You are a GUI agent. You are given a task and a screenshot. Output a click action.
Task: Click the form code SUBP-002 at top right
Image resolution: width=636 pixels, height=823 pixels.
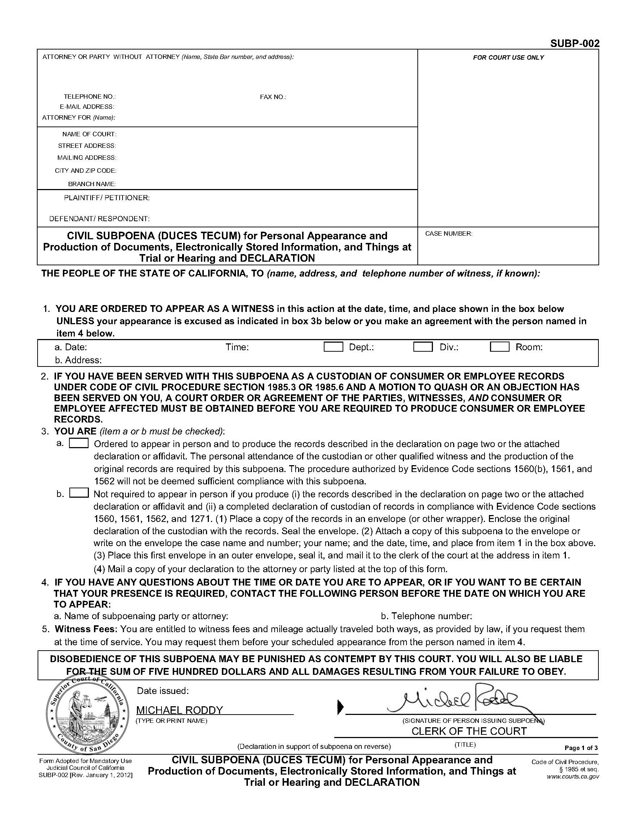574,43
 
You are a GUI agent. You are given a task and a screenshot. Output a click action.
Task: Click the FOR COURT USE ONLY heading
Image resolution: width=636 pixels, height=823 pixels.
508,57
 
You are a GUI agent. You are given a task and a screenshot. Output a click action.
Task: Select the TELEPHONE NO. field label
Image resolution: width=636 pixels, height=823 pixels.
90,97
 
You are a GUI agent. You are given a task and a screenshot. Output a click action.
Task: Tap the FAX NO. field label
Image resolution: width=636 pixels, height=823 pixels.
273,97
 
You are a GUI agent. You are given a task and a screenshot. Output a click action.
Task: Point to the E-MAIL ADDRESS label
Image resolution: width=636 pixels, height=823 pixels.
87,107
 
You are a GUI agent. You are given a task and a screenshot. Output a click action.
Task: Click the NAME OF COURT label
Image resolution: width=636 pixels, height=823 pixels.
89,134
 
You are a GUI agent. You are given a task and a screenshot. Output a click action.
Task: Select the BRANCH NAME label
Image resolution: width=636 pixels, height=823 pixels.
91,184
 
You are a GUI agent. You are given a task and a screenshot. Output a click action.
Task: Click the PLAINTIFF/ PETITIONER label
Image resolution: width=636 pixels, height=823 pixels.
107,198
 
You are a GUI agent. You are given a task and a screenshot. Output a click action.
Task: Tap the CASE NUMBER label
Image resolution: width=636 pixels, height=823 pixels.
448,233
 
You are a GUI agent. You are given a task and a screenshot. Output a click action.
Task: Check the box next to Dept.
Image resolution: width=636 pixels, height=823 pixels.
333,347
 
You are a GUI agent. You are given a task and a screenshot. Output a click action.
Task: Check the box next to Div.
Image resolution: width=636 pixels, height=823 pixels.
423,347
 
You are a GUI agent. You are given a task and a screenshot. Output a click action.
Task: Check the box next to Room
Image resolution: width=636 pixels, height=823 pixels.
500,347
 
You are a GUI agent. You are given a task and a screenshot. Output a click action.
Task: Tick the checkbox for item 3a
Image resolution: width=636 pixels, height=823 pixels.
79,443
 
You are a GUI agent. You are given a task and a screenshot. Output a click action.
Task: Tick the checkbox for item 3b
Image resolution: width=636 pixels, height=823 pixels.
79,493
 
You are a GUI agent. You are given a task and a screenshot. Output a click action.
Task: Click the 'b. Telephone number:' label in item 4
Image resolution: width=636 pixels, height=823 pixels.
426,616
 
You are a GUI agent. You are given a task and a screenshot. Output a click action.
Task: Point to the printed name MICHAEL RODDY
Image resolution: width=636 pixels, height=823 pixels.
179,710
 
